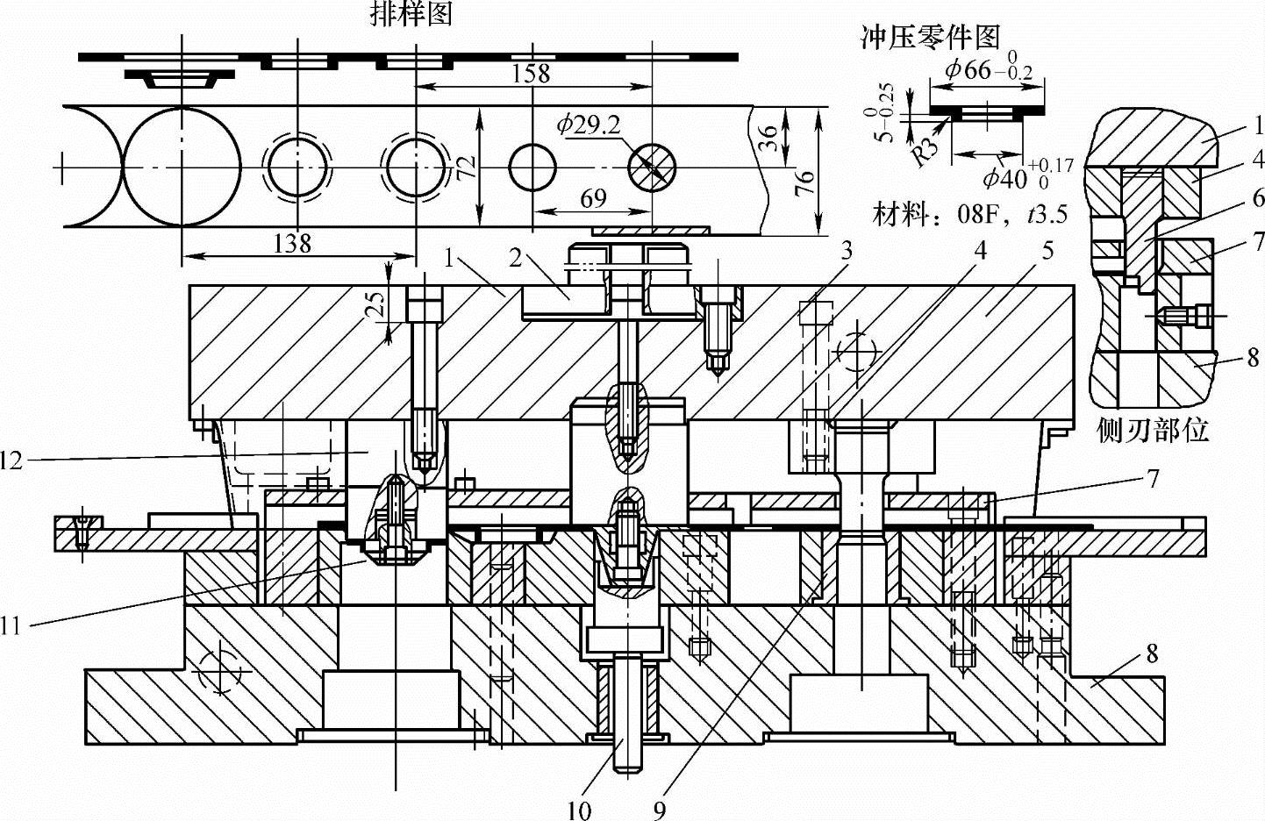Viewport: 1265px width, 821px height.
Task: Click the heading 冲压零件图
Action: coord(931,37)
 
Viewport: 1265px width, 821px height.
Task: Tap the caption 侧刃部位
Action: coord(1153,430)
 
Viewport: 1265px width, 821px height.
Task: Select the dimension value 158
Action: coord(532,72)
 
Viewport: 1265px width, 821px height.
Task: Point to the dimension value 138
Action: coord(292,242)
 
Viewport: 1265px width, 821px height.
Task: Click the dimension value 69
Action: coord(593,198)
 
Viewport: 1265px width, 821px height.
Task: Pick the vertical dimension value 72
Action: coord(468,163)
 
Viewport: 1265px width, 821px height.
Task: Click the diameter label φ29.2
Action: coord(588,125)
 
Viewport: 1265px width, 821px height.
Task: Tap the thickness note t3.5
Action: coord(1047,213)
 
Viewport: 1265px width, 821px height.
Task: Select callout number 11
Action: coord(11,625)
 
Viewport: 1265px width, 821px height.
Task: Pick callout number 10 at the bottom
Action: coord(579,810)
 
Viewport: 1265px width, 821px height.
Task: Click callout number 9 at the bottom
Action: coord(660,810)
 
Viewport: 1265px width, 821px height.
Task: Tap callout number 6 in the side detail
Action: coord(1258,198)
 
